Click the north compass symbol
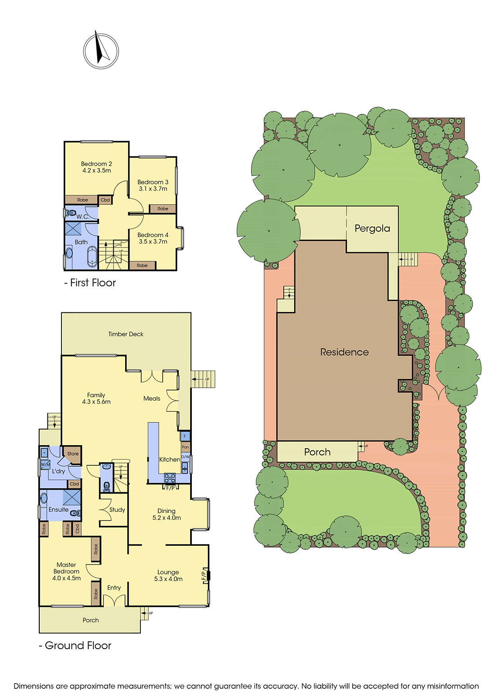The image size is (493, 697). click(x=101, y=51)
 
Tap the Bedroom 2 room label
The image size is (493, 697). click(x=96, y=164)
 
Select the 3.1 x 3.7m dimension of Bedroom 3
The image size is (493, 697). click(x=153, y=189)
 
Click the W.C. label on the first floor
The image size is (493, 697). click(x=82, y=217)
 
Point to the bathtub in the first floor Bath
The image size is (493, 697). click(x=92, y=256)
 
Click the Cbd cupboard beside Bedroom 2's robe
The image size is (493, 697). click(x=105, y=200)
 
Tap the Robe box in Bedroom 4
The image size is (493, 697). click(x=142, y=265)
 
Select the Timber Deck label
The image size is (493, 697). click(x=126, y=334)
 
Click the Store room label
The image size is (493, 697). click(x=73, y=453)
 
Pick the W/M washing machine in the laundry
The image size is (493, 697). click(x=45, y=465)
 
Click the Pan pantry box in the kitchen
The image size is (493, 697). click(x=185, y=447)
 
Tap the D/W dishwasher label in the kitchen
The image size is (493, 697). click(x=185, y=457)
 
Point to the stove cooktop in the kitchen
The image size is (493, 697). click(x=170, y=478)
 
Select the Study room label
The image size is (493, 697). click(x=117, y=510)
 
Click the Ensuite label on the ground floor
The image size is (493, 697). click(x=58, y=509)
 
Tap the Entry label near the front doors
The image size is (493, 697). click(x=114, y=588)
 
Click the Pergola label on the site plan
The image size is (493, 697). click(x=372, y=228)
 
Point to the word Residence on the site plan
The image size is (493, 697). click(x=344, y=352)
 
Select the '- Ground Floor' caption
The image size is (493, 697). click(x=75, y=645)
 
